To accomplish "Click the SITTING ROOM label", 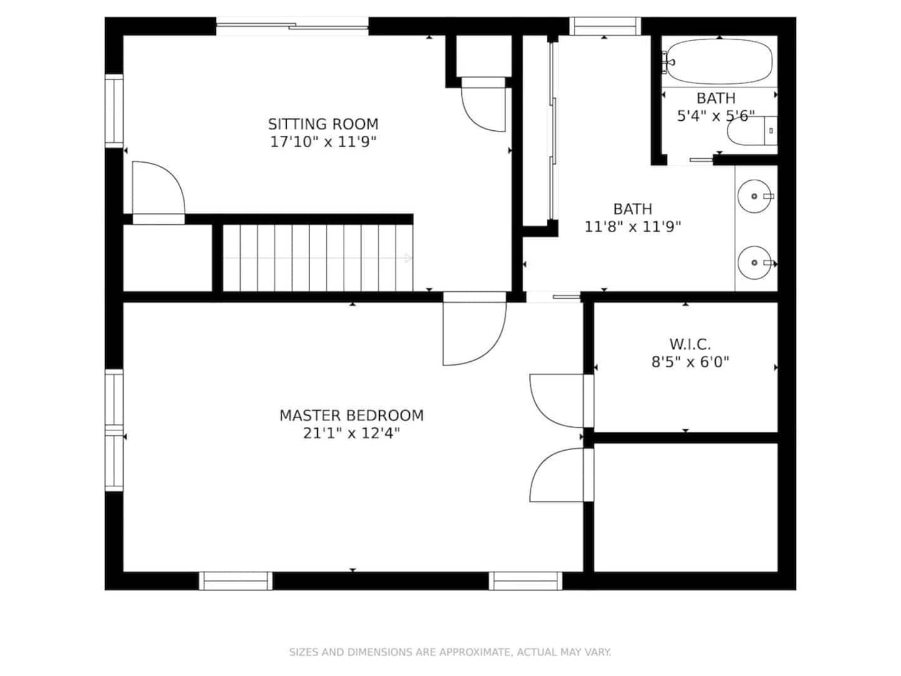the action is pos(323,123).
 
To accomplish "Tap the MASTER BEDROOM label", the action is pos(352,416).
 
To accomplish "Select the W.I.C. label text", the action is pos(690,344).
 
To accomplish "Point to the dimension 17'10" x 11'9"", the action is pos(323,142).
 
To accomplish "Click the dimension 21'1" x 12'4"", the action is pos(352,433).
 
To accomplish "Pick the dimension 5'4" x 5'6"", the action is pos(716,116).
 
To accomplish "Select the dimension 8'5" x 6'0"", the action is pos(690,362).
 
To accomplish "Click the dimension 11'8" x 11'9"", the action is pos(632,227).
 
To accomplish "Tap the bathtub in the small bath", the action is pos(719,61).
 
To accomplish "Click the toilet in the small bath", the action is pos(752,131).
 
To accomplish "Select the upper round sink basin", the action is pos(754,196).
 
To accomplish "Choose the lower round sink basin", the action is pos(754,263).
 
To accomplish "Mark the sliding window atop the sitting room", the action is pos(292,26).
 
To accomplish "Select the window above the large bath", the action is pos(605,26).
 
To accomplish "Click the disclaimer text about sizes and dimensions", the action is pos(450,652).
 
